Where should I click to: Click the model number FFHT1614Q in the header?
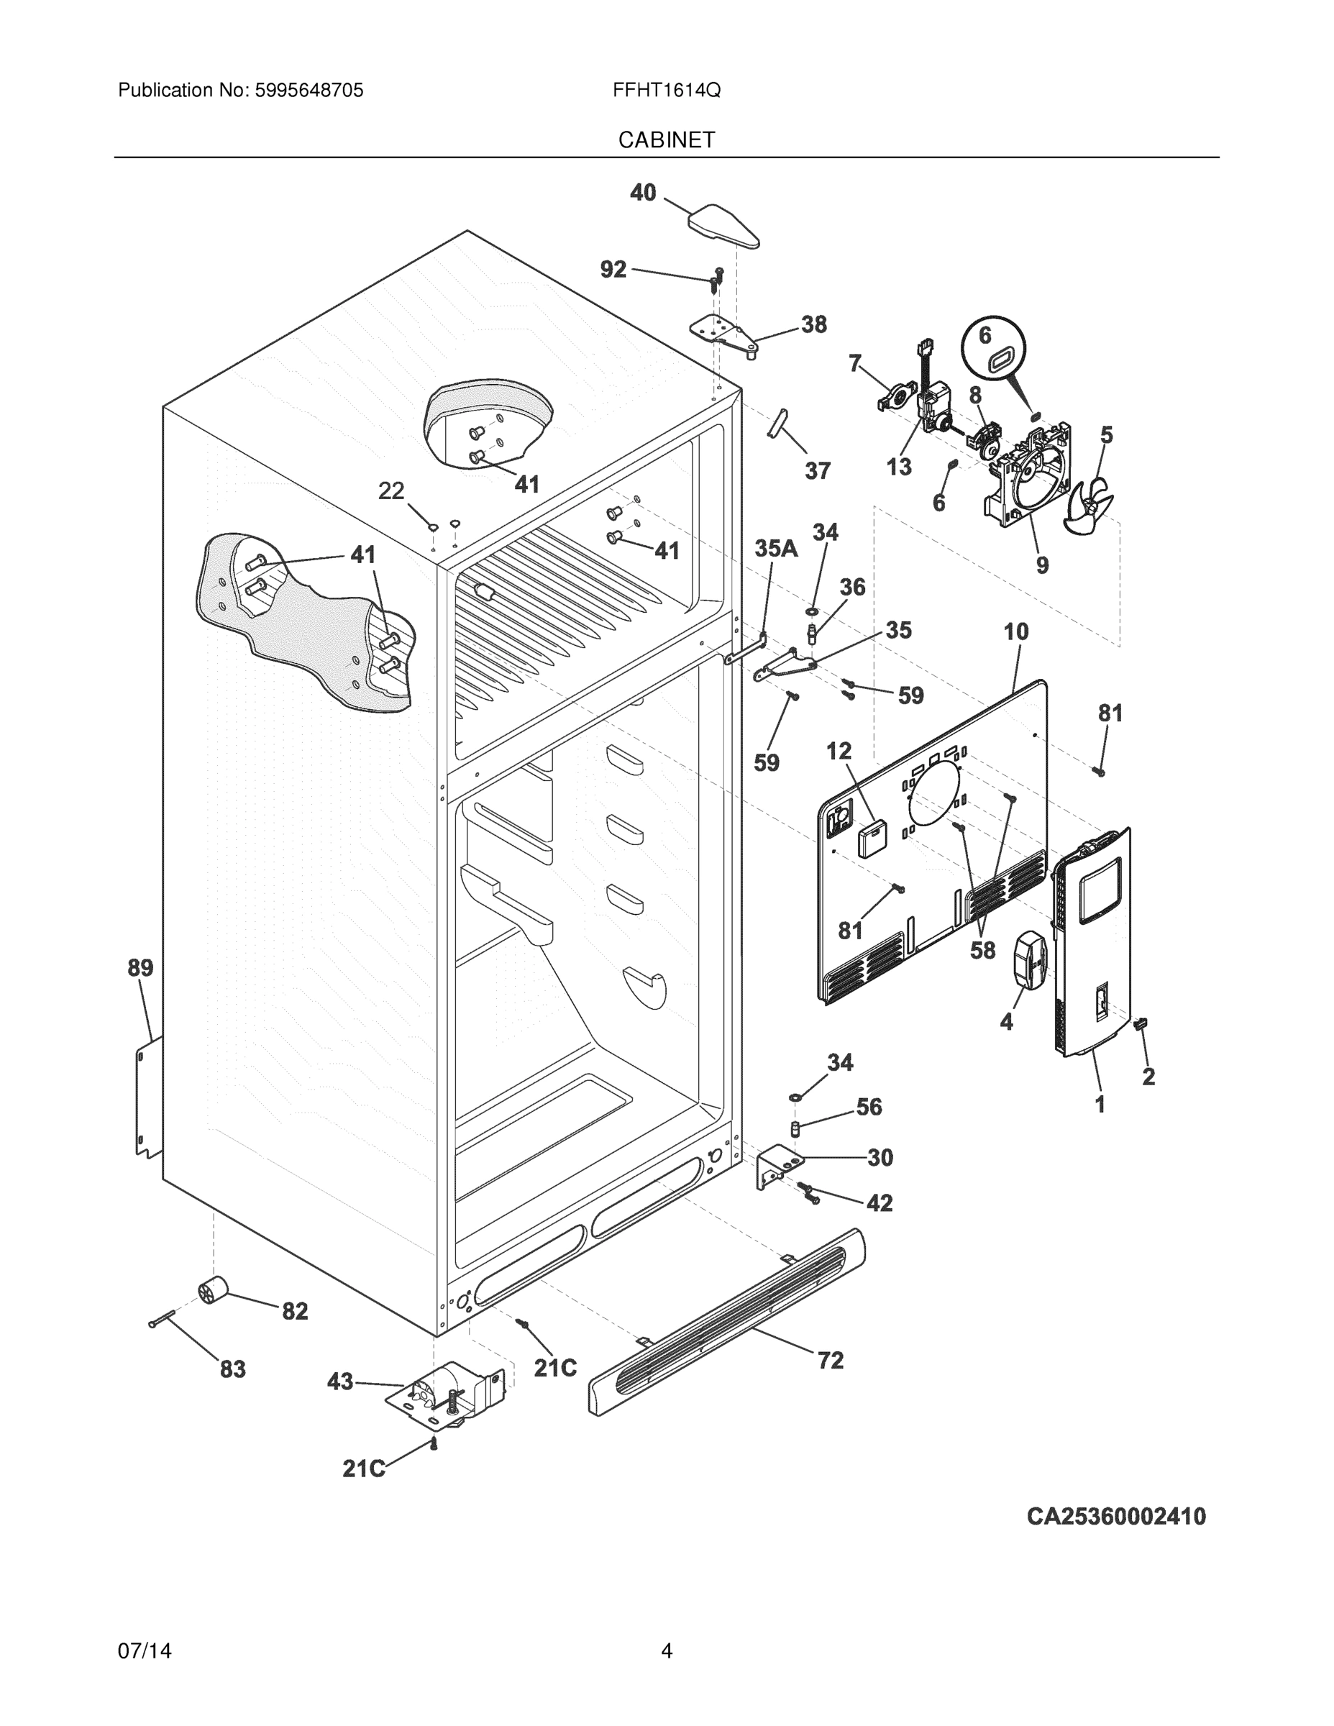point(666,91)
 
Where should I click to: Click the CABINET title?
point(666,140)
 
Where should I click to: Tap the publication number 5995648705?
point(309,91)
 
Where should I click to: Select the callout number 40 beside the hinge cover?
point(642,192)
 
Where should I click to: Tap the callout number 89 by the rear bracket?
point(141,967)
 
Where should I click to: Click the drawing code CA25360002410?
point(1116,1517)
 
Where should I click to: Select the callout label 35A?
point(775,549)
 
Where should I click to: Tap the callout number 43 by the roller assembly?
point(340,1382)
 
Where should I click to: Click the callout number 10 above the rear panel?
point(1016,631)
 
